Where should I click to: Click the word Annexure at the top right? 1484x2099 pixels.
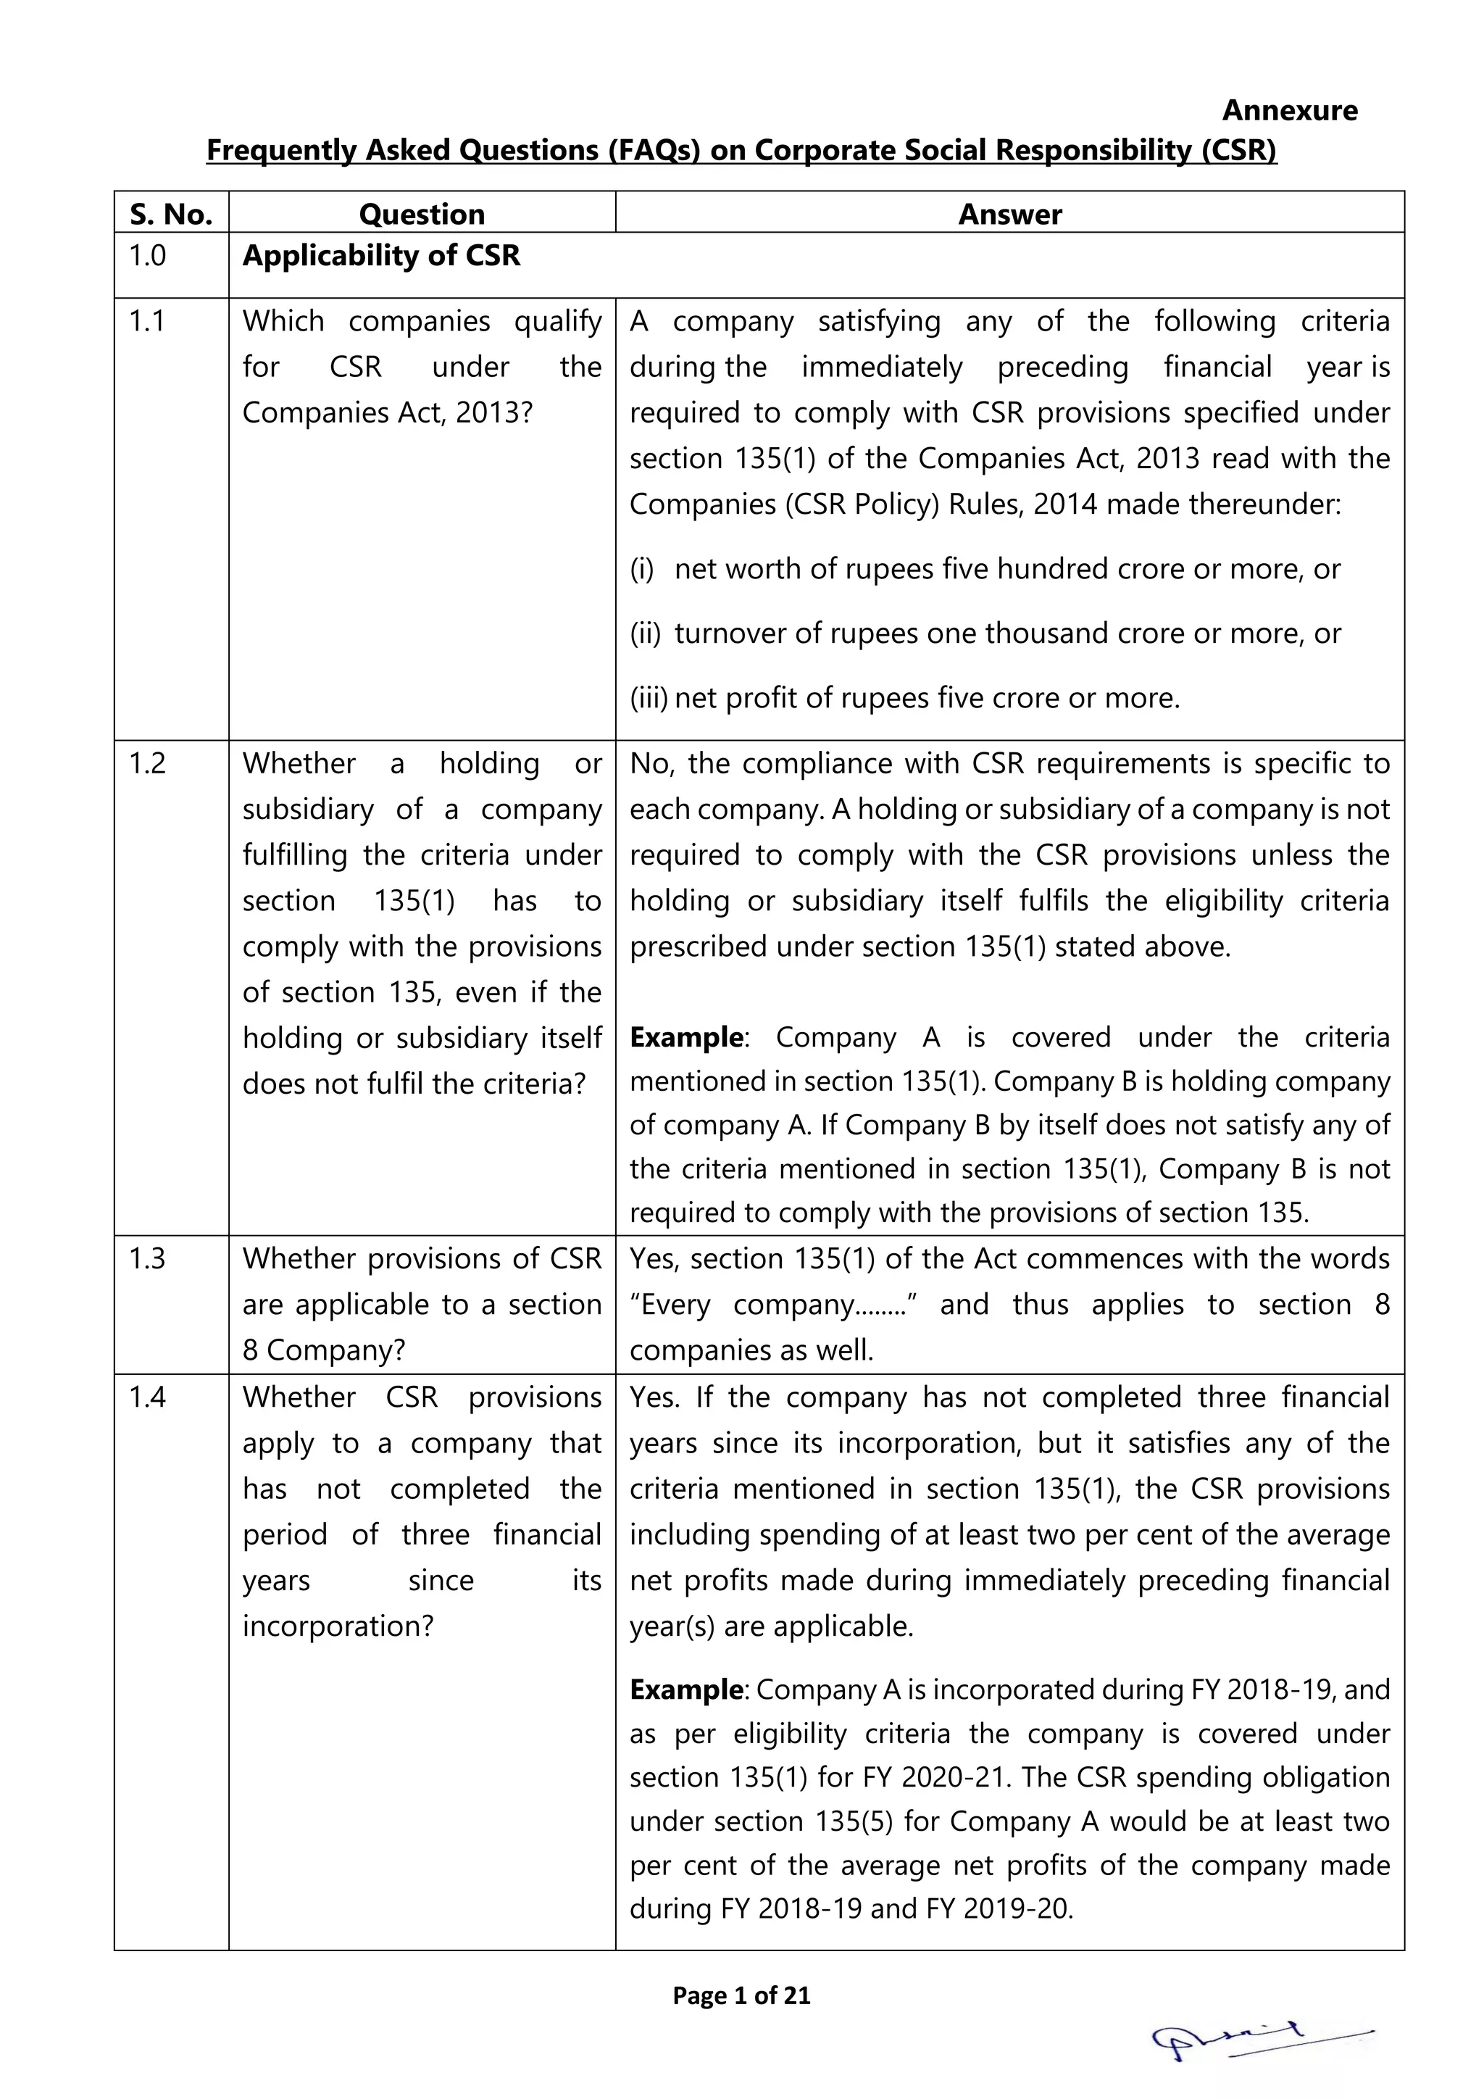(1288, 111)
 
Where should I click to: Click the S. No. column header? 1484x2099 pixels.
(171, 214)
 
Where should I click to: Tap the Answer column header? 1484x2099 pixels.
(1009, 214)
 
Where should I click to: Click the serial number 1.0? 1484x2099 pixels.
(147, 255)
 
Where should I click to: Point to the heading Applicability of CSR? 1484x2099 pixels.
(381, 255)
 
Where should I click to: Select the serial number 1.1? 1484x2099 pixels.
(147, 321)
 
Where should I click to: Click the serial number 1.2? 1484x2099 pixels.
(147, 763)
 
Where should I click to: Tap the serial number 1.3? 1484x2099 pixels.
(147, 1259)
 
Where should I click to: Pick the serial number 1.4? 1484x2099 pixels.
(147, 1397)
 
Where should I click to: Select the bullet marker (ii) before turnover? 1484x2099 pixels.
(644, 633)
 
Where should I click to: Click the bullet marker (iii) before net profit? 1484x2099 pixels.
(648, 697)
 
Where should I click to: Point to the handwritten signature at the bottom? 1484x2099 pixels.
(1261, 2040)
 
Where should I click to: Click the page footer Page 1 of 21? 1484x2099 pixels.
(741, 1995)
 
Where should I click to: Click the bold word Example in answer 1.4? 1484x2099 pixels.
(686, 1689)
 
